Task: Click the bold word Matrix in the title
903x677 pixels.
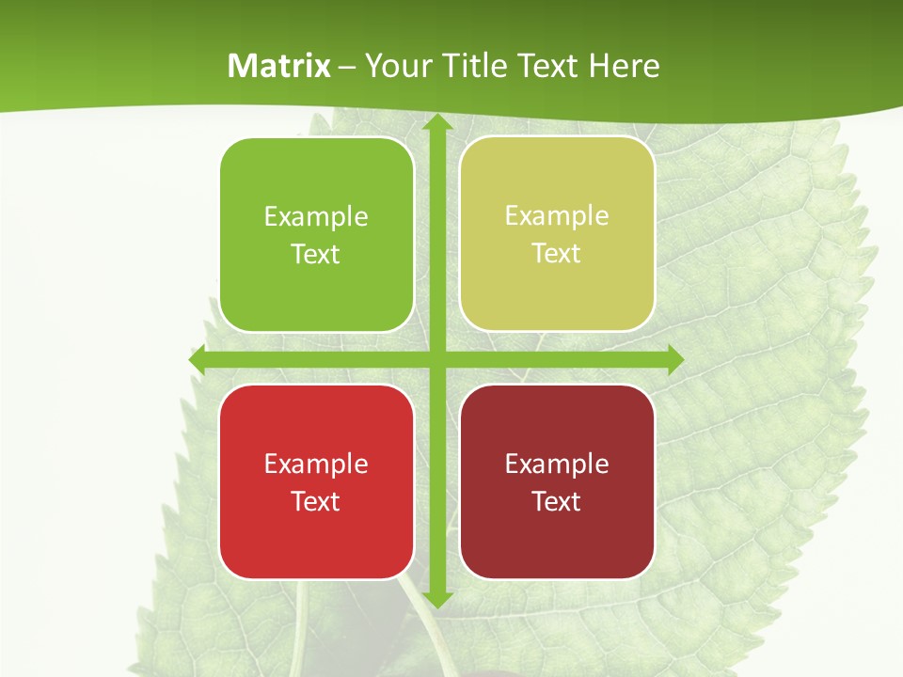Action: tap(279, 66)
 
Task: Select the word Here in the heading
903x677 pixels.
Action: tap(624, 66)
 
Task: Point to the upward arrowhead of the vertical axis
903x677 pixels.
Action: tap(436, 122)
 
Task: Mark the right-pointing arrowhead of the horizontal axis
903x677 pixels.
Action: tap(674, 360)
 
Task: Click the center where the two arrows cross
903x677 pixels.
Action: tap(436, 360)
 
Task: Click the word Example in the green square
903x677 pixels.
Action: tap(316, 217)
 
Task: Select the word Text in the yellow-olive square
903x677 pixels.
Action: tap(557, 254)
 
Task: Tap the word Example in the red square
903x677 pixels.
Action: tap(316, 464)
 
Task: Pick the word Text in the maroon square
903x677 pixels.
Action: tap(557, 501)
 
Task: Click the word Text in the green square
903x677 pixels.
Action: tap(316, 255)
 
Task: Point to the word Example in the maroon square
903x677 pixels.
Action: tap(557, 464)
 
